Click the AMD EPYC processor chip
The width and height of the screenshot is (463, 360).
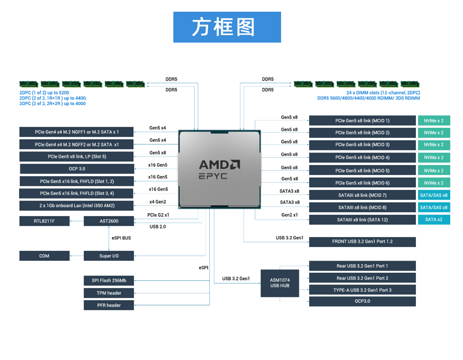(x=220, y=169)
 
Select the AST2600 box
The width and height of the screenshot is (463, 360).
(x=109, y=221)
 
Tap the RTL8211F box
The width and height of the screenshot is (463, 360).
(x=44, y=221)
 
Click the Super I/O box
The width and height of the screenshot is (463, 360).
(x=109, y=256)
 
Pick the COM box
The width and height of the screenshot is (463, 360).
(x=44, y=256)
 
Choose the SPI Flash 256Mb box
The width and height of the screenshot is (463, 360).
(x=109, y=280)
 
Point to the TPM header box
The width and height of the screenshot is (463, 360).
(x=109, y=293)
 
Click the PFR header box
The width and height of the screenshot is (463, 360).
(x=109, y=305)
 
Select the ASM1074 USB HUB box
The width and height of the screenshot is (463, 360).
(x=280, y=283)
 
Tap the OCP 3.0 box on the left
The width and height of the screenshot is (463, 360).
(x=77, y=169)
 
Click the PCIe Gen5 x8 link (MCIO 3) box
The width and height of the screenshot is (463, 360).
(x=362, y=145)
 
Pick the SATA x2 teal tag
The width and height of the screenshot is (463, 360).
(x=434, y=220)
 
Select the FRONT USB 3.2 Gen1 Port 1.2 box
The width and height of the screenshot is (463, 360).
(x=362, y=242)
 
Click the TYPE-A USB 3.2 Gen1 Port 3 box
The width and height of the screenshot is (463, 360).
(x=362, y=290)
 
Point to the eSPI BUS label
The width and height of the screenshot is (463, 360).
(x=121, y=238)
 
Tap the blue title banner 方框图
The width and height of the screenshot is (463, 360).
(x=227, y=27)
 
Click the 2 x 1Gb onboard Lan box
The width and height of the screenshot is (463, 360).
(x=77, y=206)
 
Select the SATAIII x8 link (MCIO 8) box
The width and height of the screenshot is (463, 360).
(x=362, y=207)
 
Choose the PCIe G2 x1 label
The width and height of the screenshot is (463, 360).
(x=158, y=215)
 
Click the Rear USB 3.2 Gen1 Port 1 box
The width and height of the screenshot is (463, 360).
(x=362, y=266)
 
